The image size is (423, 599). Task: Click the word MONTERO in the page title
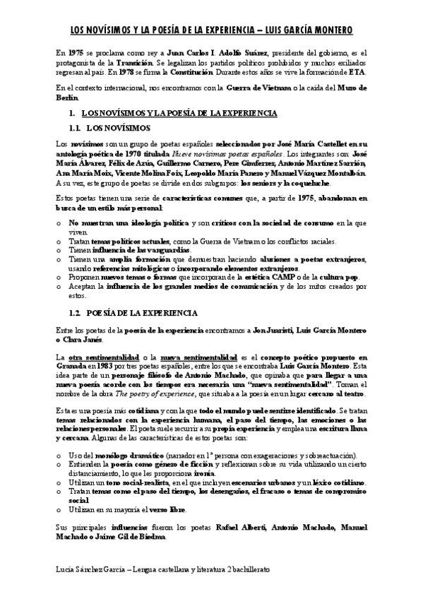click(328, 30)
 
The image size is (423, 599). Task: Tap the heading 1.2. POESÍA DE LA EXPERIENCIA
click(137, 312)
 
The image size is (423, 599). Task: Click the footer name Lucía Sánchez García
click(89, 568)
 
